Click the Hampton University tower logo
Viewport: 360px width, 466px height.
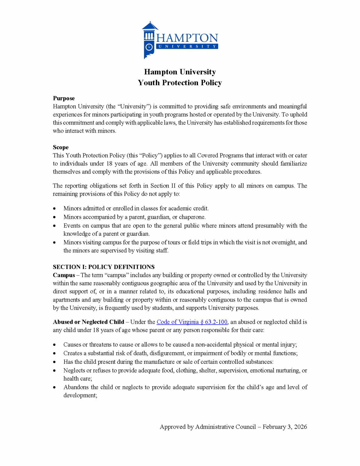coord(149,40)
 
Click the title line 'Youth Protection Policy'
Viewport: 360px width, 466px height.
coord(180,83)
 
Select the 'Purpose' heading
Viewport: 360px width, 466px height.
coord(64,98)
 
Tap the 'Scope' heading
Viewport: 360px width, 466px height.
coord(61,147)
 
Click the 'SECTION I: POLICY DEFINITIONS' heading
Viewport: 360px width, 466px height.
coord(104,267)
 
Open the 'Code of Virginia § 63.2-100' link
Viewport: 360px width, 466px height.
coord(192,322)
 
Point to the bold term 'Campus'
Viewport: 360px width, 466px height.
coord(64,275)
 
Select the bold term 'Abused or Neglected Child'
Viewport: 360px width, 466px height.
coord(89,322)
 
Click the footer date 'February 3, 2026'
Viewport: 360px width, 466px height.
coord(285,427)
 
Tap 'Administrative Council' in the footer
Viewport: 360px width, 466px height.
coord(226,427)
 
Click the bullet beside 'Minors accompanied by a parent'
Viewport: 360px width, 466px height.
coord(54,217)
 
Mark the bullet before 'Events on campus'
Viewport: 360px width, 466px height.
coord(54,226)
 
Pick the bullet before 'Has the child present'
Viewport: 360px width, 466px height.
coord(54,362)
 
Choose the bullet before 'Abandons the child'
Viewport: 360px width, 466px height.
coord(54,387)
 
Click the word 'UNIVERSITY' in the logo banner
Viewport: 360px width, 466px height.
coord(187,46)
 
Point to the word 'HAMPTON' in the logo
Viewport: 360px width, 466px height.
coord(187,38)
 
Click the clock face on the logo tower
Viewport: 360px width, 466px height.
coord(149,47)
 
